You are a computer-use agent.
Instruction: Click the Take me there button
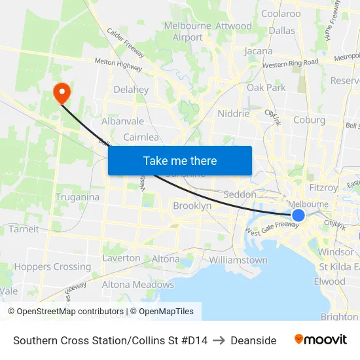click(x=180, y=160)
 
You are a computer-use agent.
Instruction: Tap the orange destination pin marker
click(x=62, y=92)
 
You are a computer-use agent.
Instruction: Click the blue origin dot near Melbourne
click(x=298, y=215)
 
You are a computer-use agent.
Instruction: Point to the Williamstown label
click(x=238, y=260)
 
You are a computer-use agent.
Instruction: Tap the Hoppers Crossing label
click(x=52, y=266)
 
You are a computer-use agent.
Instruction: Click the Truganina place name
click(x=77, y=197)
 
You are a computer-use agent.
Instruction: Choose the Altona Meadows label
click(x=137, y=285)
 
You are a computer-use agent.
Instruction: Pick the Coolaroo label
click(x=281, y=13)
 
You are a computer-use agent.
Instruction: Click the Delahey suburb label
click(x=131, y=90)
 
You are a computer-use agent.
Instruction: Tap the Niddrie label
click(x=233, y=113)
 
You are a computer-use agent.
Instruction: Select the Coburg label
click(x=309, y=120)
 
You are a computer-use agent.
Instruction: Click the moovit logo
click(x=321, y=339)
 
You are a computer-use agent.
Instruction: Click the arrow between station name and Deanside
click(x=219, y=340)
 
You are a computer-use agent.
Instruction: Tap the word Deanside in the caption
click(x=253, y=340)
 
